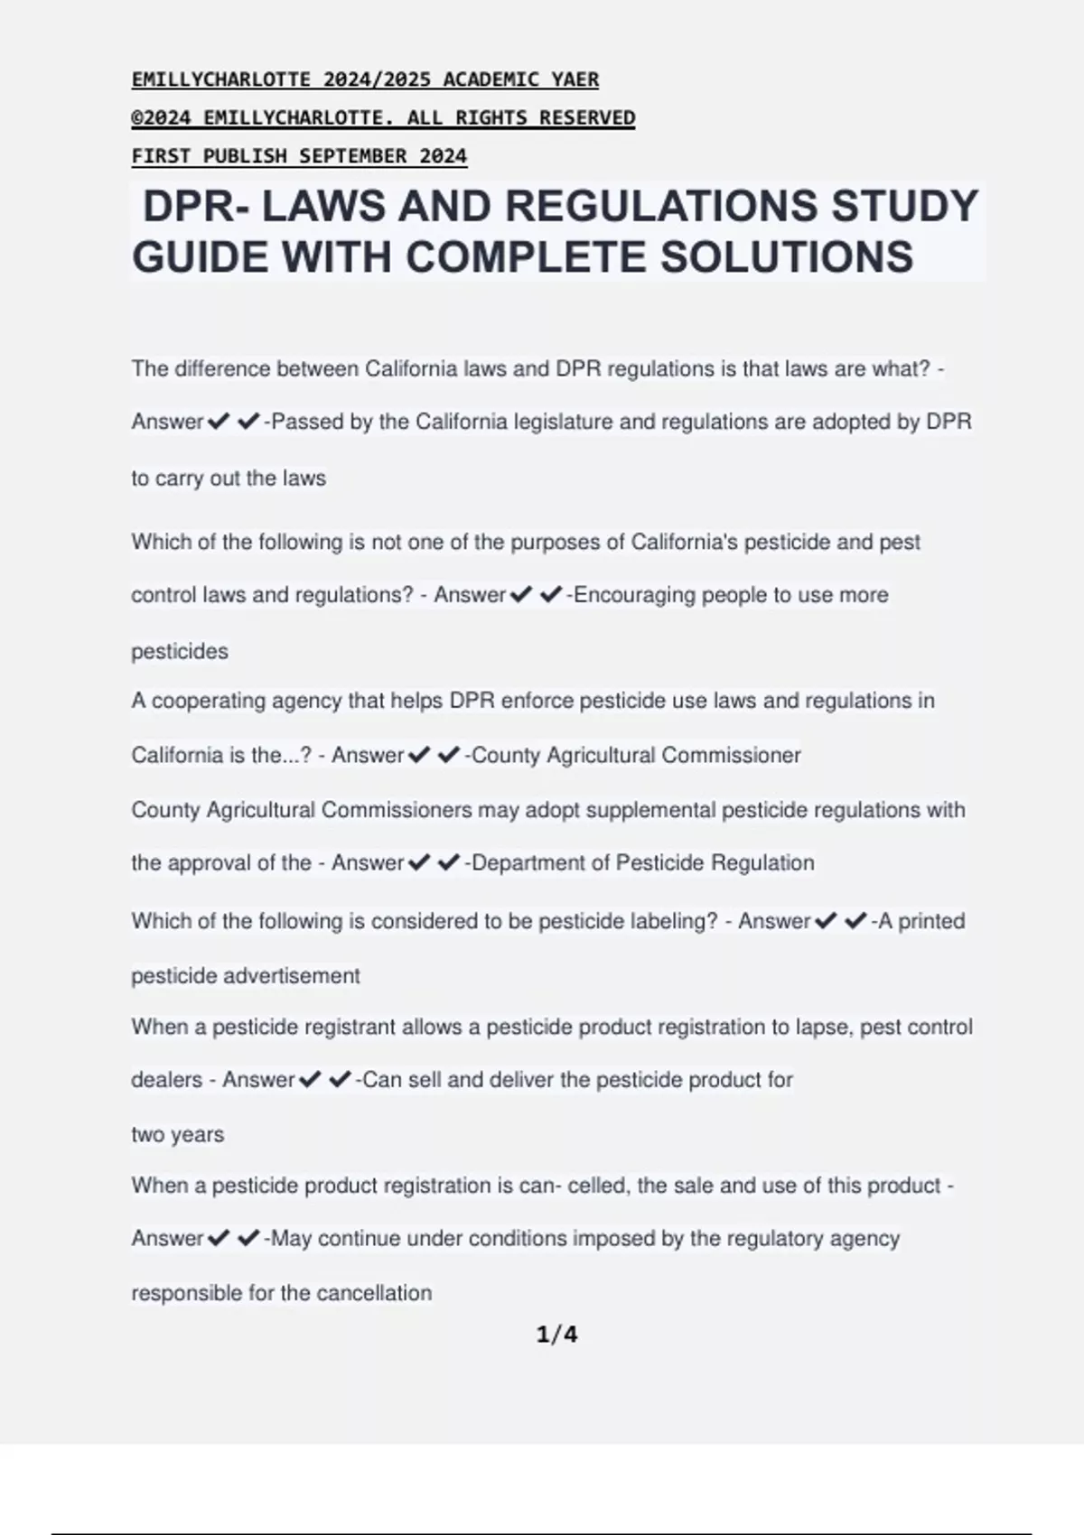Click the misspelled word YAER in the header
tap(575, 79)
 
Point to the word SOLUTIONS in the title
tap(787, 257)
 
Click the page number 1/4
tap(556, 1334)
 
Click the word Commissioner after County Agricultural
tap(731, 755)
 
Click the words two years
tap(178, 1134)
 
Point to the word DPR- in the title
tap(195, 206)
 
